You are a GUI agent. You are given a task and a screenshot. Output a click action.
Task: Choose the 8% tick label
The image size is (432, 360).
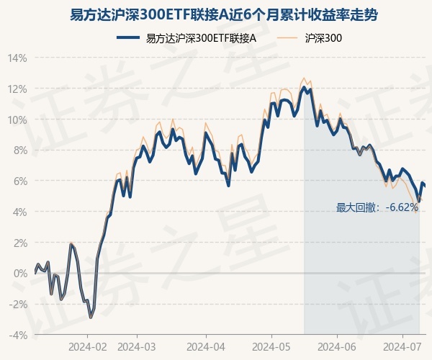point(19,150)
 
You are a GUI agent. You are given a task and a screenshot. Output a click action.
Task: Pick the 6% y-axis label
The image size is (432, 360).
point(19,181)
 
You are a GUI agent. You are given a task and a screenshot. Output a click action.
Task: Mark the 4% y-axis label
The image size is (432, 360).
point(19,212)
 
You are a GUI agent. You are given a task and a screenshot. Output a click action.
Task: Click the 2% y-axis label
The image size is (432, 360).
point(19,243)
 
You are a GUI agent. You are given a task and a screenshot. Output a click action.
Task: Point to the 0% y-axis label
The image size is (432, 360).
point(19,273)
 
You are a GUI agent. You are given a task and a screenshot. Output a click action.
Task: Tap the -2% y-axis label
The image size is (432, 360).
point(18,304)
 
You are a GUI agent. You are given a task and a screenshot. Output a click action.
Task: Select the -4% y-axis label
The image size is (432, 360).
point(18,335)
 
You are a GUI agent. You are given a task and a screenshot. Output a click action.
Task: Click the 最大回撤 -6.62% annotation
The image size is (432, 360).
point(377,207)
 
